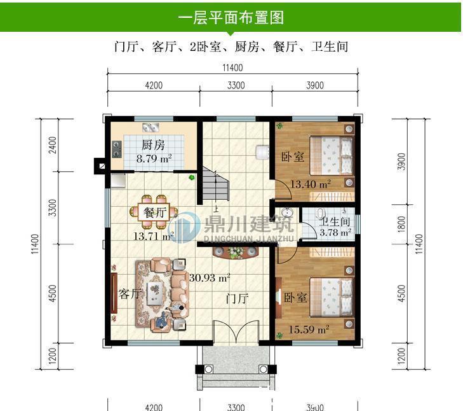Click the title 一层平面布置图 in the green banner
point(231,17)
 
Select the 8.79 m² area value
point(154,158)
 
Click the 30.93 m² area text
point(210,278)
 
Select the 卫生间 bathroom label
point(335,223)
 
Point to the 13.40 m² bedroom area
point(310,185)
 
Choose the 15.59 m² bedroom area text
point(308,330)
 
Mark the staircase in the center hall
point(216,185)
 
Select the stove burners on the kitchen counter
point(117,149)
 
